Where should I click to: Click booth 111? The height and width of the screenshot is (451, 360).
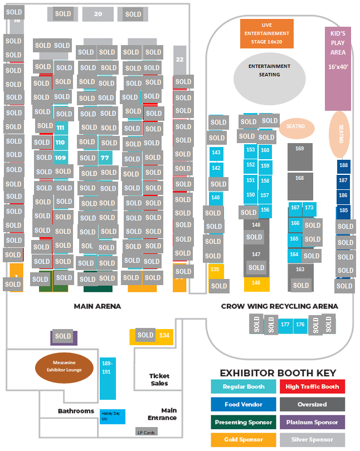coord(61,128)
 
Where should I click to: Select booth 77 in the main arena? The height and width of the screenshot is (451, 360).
coord(105,158)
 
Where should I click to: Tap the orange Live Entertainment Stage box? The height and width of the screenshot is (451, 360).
coord(266,33)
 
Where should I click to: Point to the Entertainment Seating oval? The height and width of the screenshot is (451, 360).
coord(269,75)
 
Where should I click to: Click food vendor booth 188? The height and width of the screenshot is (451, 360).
coord(343,165)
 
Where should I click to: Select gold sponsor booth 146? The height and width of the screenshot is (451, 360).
coord(256,283)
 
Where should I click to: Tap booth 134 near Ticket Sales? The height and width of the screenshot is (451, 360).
coord(164,335)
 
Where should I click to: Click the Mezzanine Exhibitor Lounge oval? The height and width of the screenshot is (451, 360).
coord(64,367)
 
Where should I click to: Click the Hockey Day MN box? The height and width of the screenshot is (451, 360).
coord(112,416)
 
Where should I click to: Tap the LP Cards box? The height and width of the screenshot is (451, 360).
coord(146,432)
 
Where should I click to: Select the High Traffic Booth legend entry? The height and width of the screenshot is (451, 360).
coord(312,386)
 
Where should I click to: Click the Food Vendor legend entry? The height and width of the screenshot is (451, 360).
coord(243,404)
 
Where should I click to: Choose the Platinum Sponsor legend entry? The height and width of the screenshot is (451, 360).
coord(312,422)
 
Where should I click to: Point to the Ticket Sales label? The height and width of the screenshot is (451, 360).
coord(159,380)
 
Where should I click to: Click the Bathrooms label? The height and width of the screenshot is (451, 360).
coord(76,411)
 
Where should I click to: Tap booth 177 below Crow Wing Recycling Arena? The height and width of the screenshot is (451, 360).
coord(285,325)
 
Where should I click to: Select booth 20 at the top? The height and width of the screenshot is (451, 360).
coord(98,14)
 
